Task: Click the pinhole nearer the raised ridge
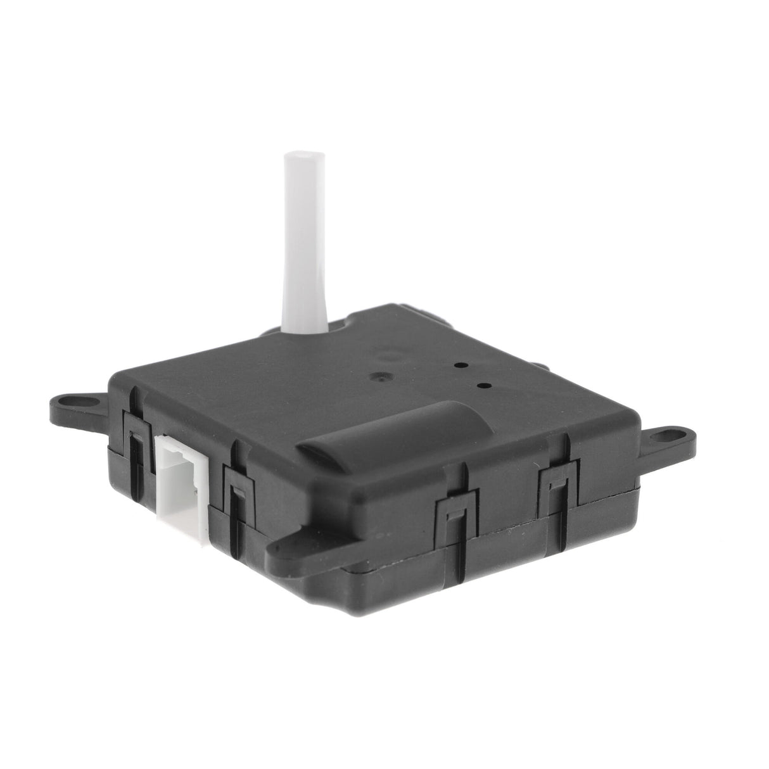[x=485, y=385]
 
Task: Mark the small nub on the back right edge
[x=540, y=365]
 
